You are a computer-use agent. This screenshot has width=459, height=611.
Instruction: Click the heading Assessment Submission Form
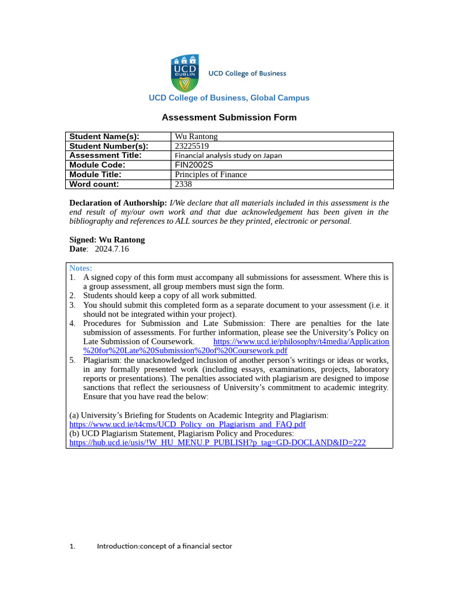(x=229, y=118)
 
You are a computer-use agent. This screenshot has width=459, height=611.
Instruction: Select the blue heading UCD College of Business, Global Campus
(x=229, y=98)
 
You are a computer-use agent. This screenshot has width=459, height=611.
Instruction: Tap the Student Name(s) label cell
(x=104, y=137)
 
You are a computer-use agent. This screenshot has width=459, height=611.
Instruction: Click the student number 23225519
(x=191, y=146)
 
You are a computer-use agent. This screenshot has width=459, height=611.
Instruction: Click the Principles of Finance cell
(x=210, y=175)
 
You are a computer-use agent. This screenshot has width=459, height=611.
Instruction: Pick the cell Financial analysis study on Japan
(x=228, y=156)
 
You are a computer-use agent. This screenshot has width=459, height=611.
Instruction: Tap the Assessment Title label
(x=105, y=156)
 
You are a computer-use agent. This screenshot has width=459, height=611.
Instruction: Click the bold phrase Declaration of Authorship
(x=118, y=203)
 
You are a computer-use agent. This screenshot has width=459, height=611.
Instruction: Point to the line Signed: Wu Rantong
(x=107, y=240)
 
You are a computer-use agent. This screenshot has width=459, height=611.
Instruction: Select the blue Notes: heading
(x=81, y=269)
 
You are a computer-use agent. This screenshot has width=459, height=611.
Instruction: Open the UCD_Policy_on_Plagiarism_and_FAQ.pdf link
(x=188, y=424)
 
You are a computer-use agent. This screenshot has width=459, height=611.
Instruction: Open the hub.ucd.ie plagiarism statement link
(x=218, y=443)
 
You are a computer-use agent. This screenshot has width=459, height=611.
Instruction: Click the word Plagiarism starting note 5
(x=102, y=360)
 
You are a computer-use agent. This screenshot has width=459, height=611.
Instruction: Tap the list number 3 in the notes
(x=72, y=305)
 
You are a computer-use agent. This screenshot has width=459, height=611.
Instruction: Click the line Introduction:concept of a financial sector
(x=164, y=546)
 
